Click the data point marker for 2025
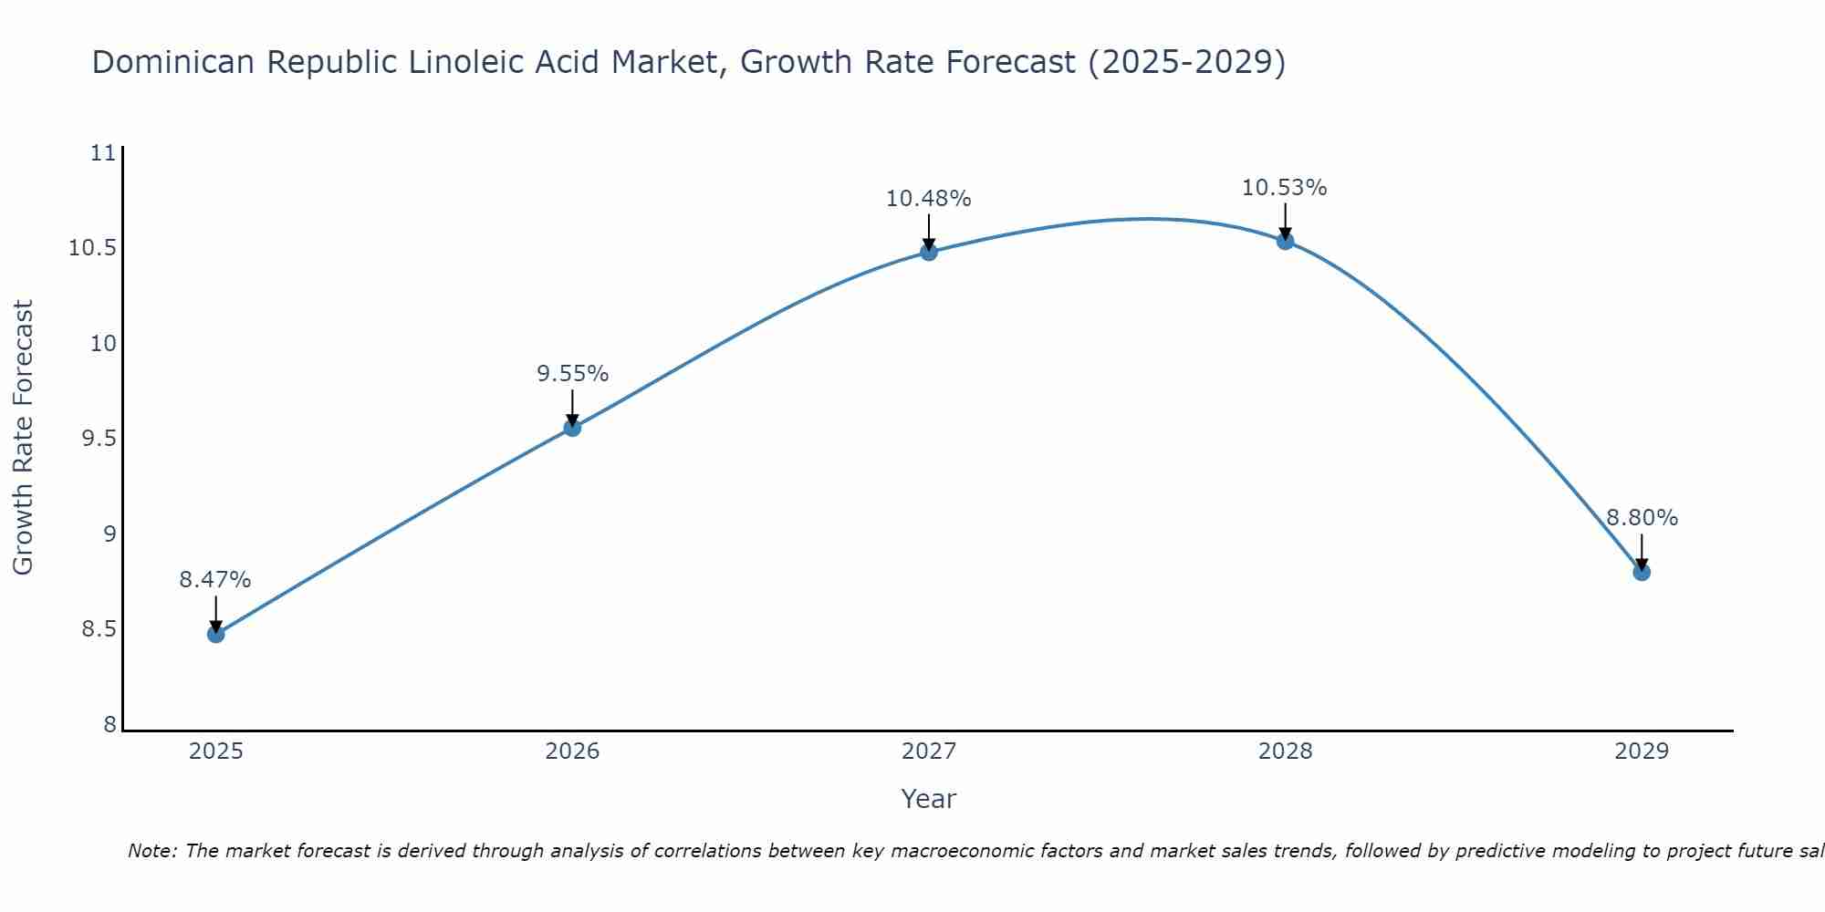pos(216,634)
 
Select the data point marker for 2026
pos(572,427)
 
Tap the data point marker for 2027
pos(929,252)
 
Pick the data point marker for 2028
pos(1285,241)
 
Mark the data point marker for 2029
pos(1642,572)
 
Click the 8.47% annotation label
pos(215,580)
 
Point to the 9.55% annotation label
pos(572,374)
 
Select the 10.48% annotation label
pos(929,199)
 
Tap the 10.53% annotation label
pos(1285,188)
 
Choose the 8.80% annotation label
pos(1642,518)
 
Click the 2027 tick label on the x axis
pos(929,751)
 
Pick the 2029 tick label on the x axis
pos(1642,751)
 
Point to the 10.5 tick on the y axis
pos(93,248)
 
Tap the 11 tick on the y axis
pos(105,153)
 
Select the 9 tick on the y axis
pos(110,534)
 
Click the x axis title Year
pos(928,799)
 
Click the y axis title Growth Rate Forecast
pos(24,437)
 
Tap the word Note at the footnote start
pos(151,851)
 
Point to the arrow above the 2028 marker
pos(1285,222)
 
